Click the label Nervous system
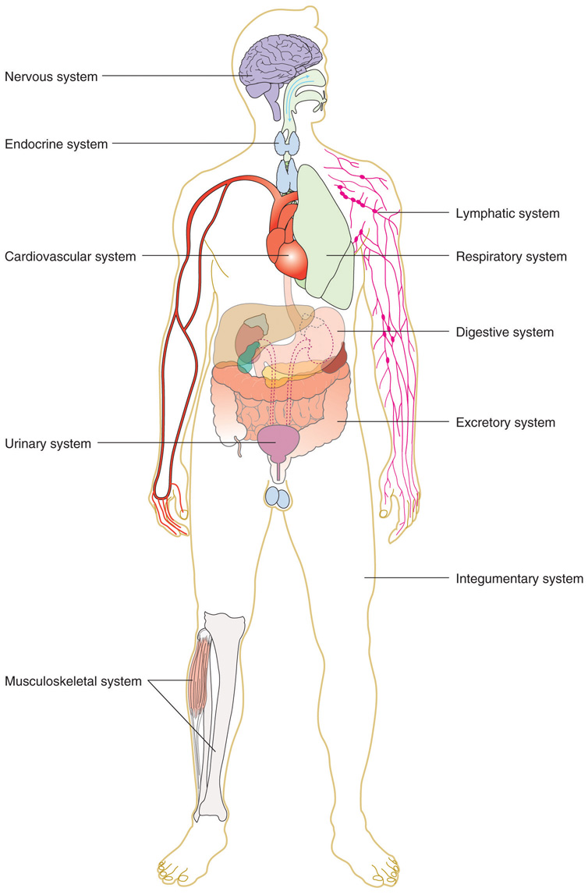[x=51, y=76]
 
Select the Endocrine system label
[x=56, y=144]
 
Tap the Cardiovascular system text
[x=70, y=256]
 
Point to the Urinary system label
[x=48, y=443]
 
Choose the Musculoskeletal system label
[x=73, y=681]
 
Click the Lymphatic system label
[x=507, y=213]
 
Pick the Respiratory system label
[x=511, y=256]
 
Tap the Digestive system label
[x=505, y=332]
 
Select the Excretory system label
[x=505, y=423]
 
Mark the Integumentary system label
[x=519, y=579]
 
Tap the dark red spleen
[x=336, y=358]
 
